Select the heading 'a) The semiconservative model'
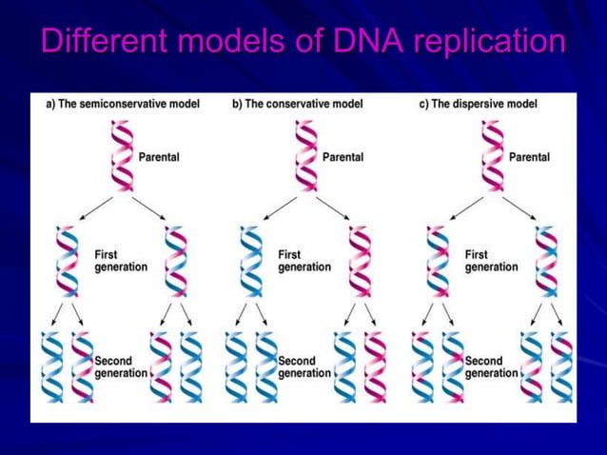tap(124, 104)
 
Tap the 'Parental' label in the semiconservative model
tap(159, 157)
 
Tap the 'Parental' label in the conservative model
tap(343, 157)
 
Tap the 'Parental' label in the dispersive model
tap(529, 157)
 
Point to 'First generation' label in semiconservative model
tap(121, 261)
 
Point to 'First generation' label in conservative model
tap(304, 261)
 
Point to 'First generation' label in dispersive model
tap(491, 261)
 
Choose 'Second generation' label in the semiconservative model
tap(121, 367)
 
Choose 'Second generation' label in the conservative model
tap(304, 367)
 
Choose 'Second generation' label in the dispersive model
tap(491, 367)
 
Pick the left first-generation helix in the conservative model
tap(250, 261)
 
